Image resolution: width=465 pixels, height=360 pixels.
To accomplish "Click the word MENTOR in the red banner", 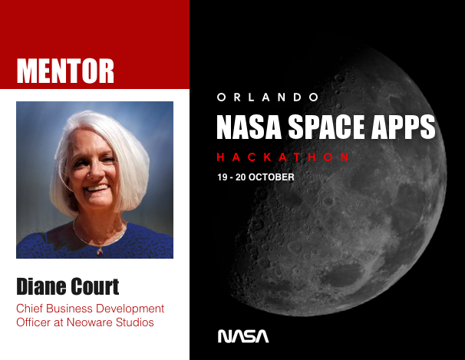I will coord(65,70).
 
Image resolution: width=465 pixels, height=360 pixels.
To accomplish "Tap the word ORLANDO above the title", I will coord(268,97).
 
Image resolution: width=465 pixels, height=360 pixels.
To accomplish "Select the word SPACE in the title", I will coord(324,127).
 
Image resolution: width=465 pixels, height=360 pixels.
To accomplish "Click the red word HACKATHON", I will coord(284,157).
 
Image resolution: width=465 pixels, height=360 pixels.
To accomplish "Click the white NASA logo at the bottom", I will coord(243,335).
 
